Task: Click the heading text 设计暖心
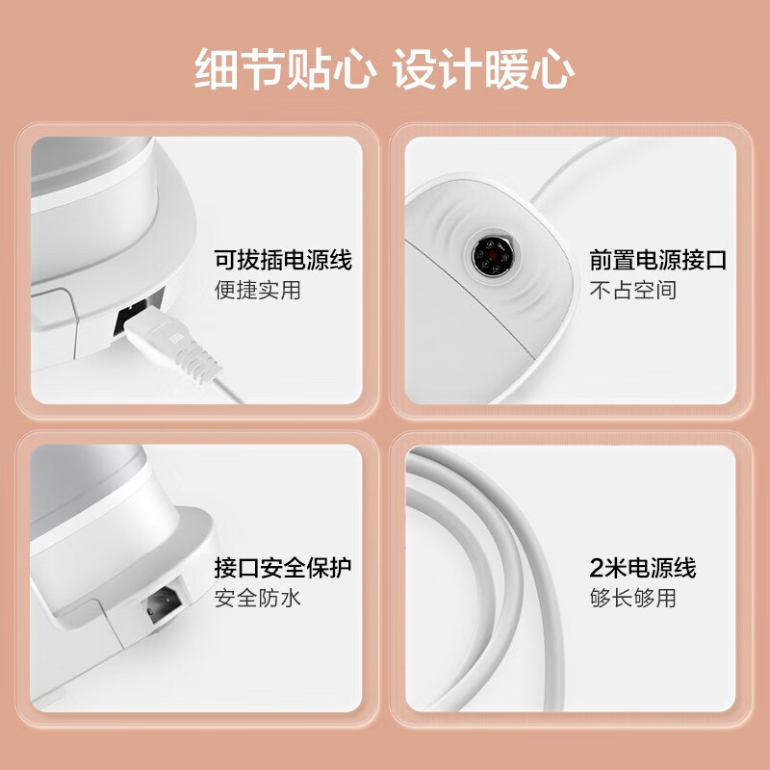484,70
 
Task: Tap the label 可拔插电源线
282,260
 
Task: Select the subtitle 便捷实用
257,290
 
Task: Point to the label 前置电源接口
657,260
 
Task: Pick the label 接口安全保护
282,567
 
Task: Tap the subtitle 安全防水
257,597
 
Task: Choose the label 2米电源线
642,567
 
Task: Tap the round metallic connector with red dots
491,256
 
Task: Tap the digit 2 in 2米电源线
596,567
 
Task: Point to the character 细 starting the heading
217,70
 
